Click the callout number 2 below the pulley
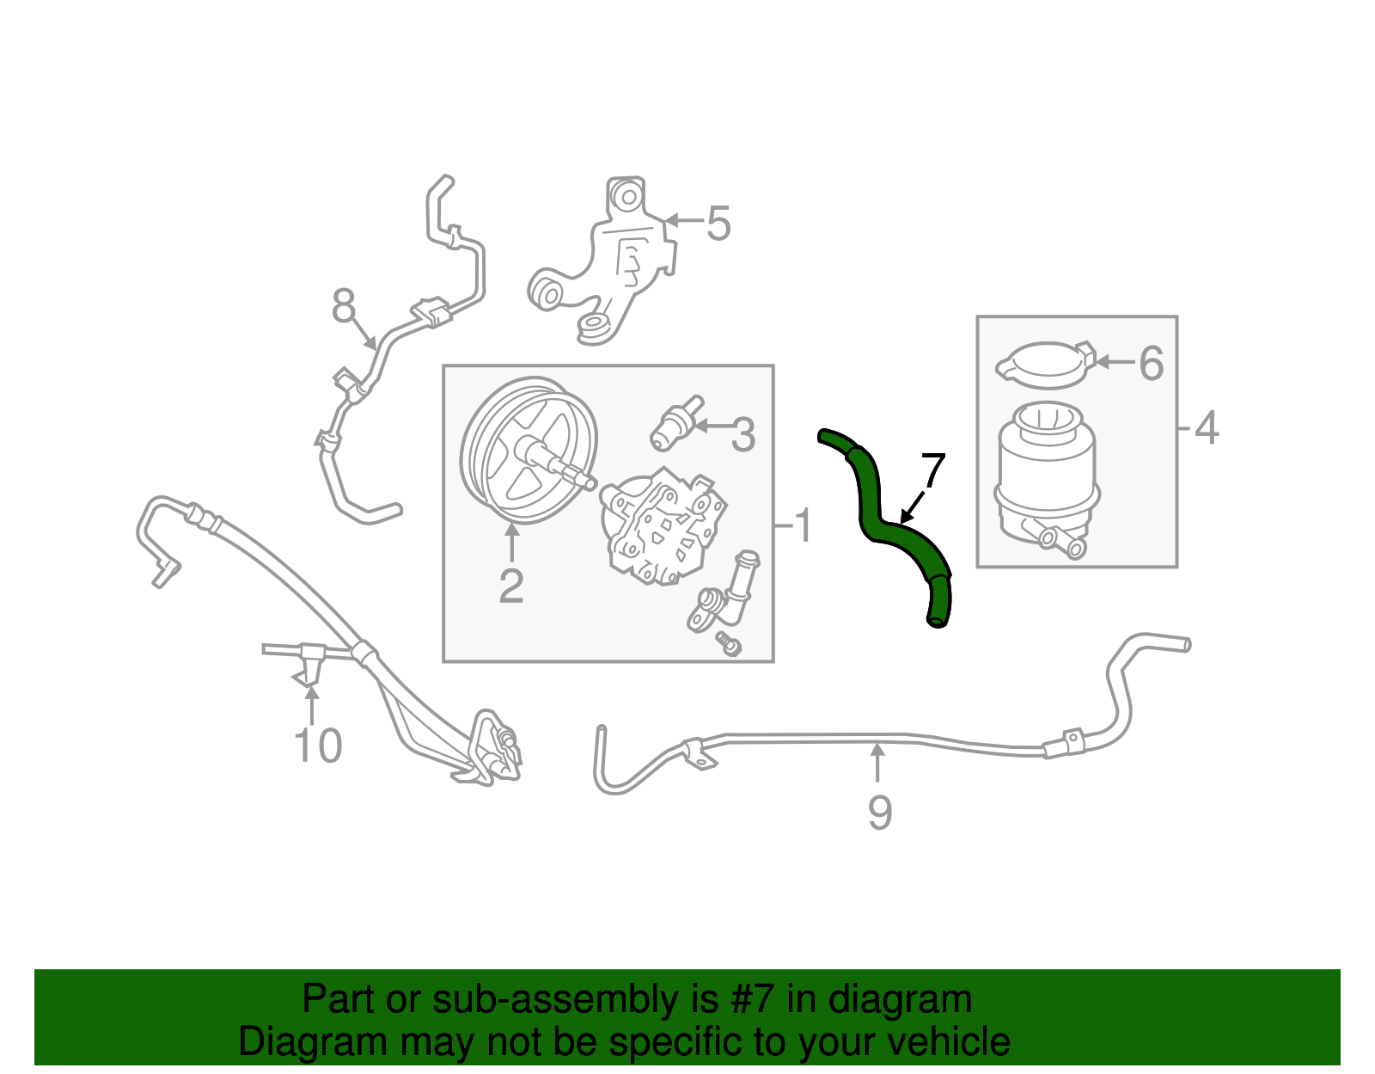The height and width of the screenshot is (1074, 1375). [511, 586]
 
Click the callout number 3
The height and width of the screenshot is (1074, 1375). [742, 435]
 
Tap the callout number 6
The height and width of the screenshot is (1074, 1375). [1151, 364]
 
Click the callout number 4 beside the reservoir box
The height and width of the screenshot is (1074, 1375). [1207, 427]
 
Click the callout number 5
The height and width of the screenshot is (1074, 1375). [718, 224]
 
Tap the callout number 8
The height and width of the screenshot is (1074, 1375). [344, 305]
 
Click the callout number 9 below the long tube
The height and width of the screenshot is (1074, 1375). [879, 813]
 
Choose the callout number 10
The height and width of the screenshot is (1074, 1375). [318, 746]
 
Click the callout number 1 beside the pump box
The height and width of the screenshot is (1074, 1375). [803, 526]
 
